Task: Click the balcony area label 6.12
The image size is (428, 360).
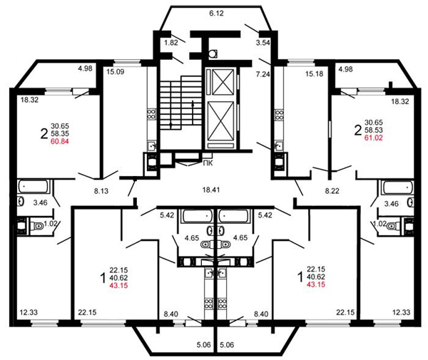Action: pos(216,14)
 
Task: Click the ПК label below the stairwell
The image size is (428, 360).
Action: pos(208,164)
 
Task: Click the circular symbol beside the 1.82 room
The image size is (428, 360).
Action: pos(213,53)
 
